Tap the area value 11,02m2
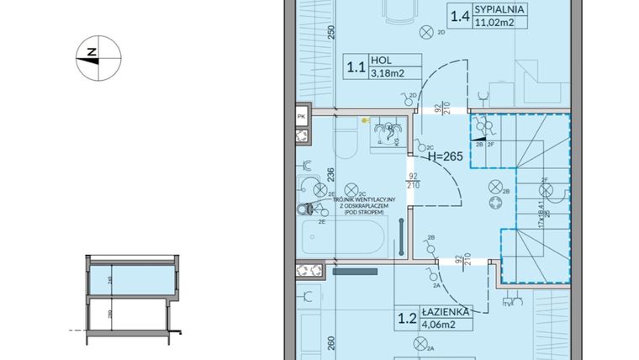coord(494,24)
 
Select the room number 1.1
coord(356,66)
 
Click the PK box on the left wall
coord(301,117)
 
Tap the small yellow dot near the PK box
coord(364,120)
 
